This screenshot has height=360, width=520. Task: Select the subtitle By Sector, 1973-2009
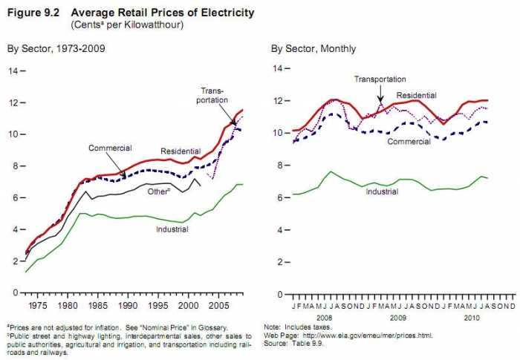[56, 49]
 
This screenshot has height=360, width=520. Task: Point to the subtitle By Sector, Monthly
[313, 49]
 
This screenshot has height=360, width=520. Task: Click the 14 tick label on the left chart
[13, 71]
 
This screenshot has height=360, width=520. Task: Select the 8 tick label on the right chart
[277, 165]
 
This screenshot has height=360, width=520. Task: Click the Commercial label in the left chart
[110, 148]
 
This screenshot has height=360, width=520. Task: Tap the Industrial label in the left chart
[172, 229]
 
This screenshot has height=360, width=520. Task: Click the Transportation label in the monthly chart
[380, 79]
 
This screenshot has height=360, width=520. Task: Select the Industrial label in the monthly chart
[382, 191]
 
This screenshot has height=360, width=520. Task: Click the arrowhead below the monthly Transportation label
[380, 100]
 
